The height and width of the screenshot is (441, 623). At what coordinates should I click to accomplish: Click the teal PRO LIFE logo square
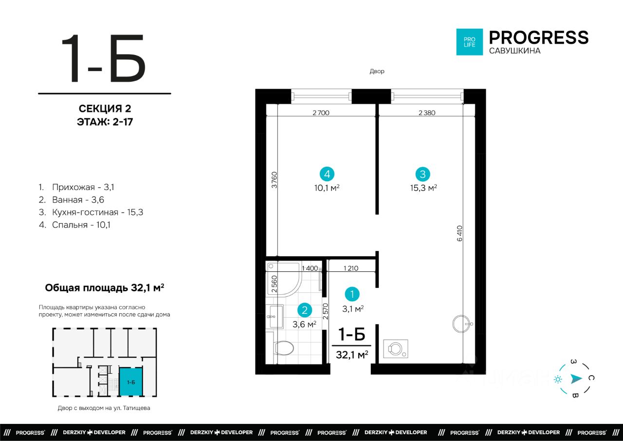(470, 42)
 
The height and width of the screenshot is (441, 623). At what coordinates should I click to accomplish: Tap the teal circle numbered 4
(327, 174)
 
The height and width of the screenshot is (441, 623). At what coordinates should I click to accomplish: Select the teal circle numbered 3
(423, 174)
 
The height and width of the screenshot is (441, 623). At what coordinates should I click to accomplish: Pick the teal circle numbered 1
(352, 294)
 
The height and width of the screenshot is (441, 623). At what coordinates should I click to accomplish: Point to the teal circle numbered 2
(305, 310)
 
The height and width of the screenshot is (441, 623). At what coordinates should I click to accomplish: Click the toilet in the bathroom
(282, 348)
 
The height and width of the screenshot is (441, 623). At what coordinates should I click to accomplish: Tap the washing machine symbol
(396, 348)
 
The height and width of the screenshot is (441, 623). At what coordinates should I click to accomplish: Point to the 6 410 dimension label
(459, 233)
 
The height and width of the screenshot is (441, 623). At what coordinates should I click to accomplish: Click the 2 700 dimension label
(321, 113)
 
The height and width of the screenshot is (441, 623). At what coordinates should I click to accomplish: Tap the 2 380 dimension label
(427, 113)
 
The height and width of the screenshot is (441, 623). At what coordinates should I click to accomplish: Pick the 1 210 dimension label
(351, 268)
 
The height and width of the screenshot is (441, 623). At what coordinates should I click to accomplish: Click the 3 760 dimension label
(274, 180)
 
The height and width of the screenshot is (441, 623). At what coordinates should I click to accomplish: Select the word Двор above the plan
(377, 71)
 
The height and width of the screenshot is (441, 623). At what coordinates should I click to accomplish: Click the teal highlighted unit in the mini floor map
(131, 382)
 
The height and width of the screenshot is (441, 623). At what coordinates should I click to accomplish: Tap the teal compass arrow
(576, 379)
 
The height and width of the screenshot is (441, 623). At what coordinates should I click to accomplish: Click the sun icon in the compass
(558, 379)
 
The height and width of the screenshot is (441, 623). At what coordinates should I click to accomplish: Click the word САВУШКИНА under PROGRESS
(515, 51)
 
